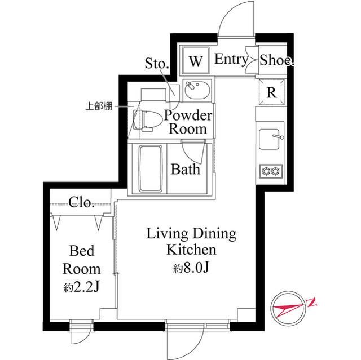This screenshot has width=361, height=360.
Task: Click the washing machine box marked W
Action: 196,60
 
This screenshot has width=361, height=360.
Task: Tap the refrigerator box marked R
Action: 272,92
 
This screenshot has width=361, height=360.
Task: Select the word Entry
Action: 232,60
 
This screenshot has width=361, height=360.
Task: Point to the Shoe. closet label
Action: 277,60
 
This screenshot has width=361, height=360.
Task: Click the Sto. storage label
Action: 157,63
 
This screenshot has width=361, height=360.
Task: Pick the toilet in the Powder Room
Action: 147,120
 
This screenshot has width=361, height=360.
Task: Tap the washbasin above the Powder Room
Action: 197,90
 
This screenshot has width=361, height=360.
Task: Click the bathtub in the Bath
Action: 150,168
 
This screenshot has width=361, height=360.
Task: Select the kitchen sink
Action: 270,139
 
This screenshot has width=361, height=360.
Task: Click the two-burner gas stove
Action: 271,171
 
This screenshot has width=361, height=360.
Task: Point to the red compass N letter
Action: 311,302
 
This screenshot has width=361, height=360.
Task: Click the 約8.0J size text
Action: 191,268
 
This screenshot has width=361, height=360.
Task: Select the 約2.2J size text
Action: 81,287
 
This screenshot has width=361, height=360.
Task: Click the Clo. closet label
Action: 81,202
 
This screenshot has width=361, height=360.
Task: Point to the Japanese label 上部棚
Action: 99,106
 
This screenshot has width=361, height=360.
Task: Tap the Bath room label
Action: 186,169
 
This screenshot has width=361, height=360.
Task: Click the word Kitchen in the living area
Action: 191,250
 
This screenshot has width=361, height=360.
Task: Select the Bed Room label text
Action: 81,260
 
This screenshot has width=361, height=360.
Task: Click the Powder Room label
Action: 188,122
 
